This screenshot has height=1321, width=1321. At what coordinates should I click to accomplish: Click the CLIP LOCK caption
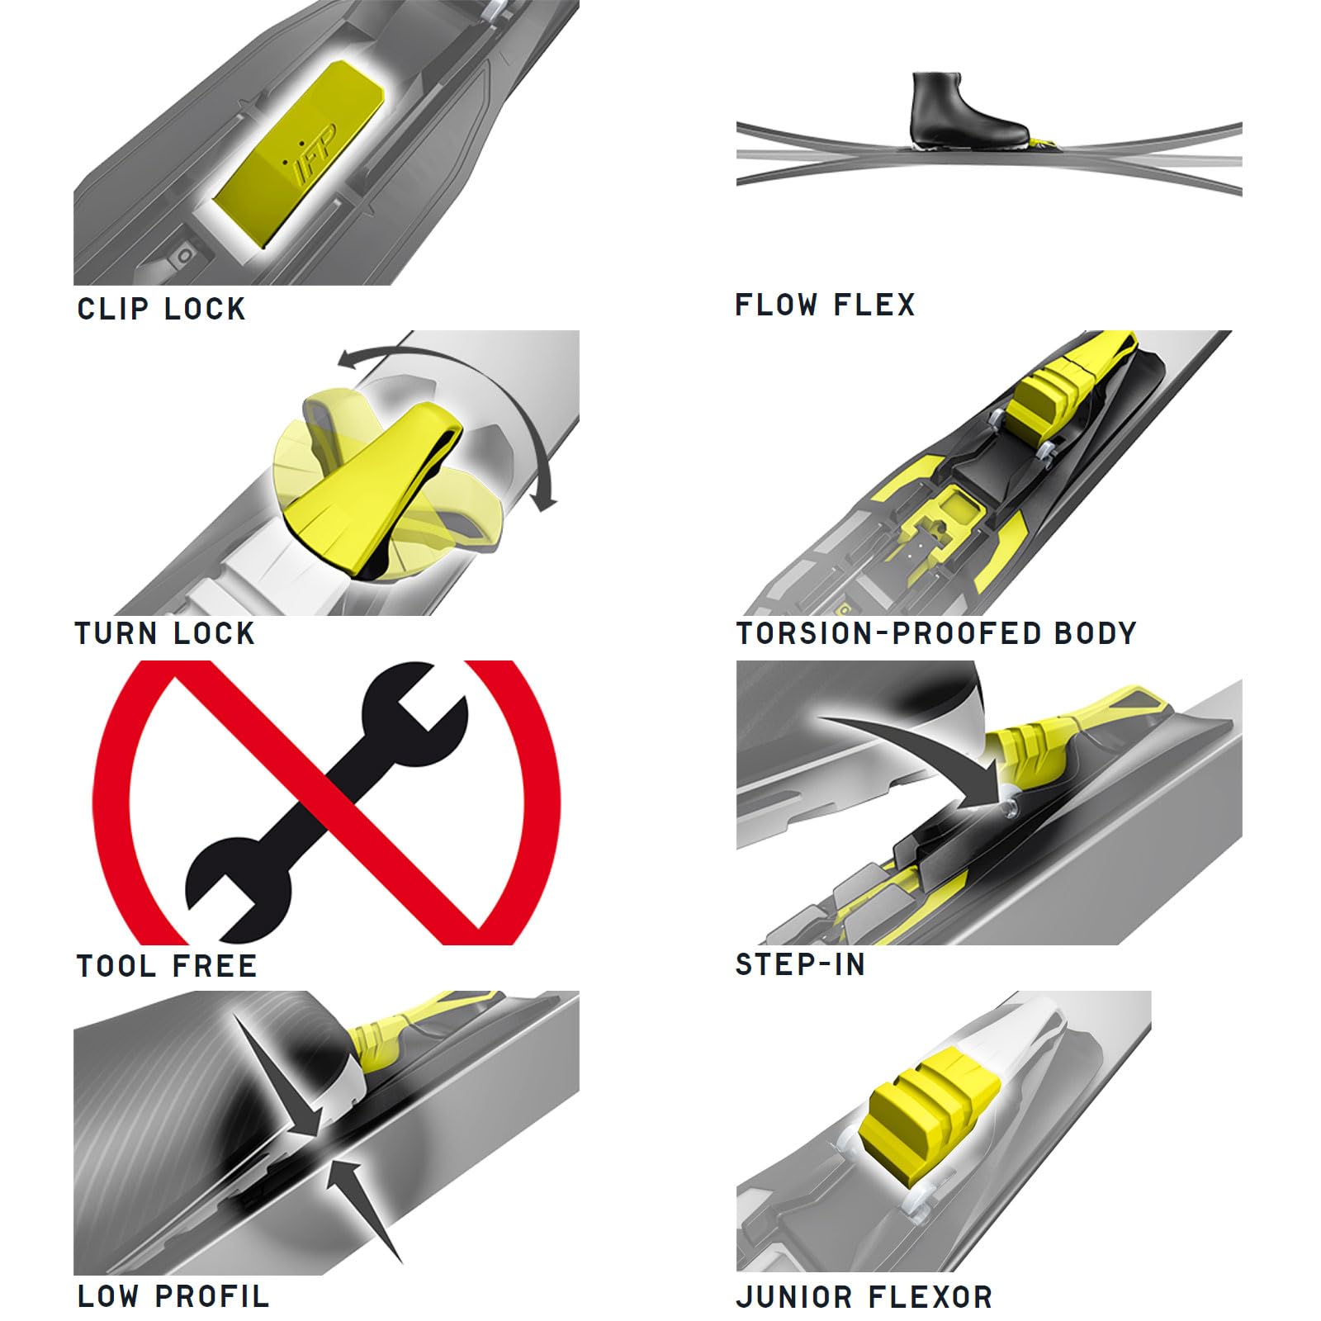click(x=162, y=309)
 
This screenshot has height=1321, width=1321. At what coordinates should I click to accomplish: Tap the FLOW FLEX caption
click(x=826, y=305)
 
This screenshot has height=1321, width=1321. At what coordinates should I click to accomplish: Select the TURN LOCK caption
click(x=165, y=633)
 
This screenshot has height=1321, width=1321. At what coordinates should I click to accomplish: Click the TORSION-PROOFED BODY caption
click(x=936, y=633)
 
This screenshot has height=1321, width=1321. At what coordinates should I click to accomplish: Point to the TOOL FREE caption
click(x=167, y=965)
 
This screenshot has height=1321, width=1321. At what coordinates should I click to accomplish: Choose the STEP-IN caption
click(x=800, y=964)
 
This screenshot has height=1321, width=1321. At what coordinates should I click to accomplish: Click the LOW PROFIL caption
click(x=173, y=1295)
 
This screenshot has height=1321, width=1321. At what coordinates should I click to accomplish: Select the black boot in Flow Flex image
click(x=968, y=109)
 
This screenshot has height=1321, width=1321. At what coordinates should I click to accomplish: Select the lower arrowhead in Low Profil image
click(x=359, y=1205)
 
